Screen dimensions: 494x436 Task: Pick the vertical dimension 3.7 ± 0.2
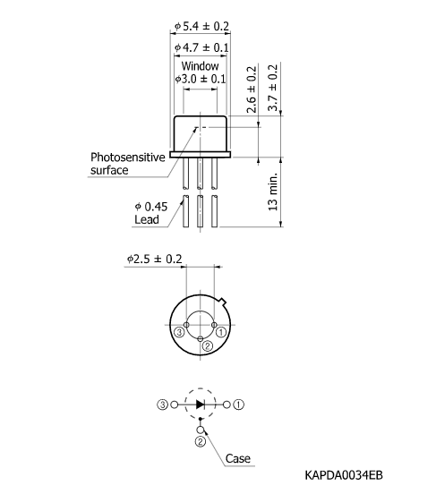(x=274, y=88)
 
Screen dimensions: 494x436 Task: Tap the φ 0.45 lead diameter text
(x=153, y=205)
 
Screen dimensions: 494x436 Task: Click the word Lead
(x=147, y=218)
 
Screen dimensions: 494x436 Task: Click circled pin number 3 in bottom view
(x=179, y=332)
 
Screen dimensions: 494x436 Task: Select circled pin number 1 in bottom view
(x=220, y=332)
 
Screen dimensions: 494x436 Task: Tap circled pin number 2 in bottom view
(x=207, y=345)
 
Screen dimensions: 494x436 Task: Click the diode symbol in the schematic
(x=201, y=404)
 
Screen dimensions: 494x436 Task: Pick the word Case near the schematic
(x=238, y=458)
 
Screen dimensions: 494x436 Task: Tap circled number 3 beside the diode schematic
(x=162, y=404)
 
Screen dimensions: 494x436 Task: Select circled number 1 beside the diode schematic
(x=239, y=404)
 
